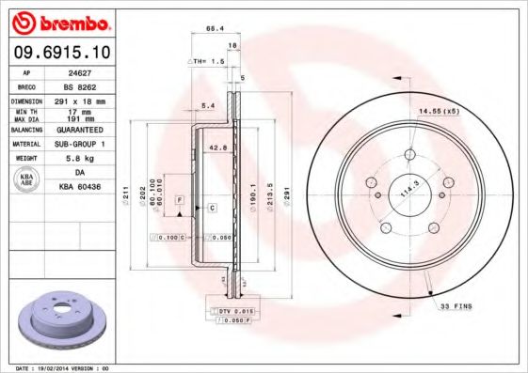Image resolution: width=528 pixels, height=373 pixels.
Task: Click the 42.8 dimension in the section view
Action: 217,148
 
